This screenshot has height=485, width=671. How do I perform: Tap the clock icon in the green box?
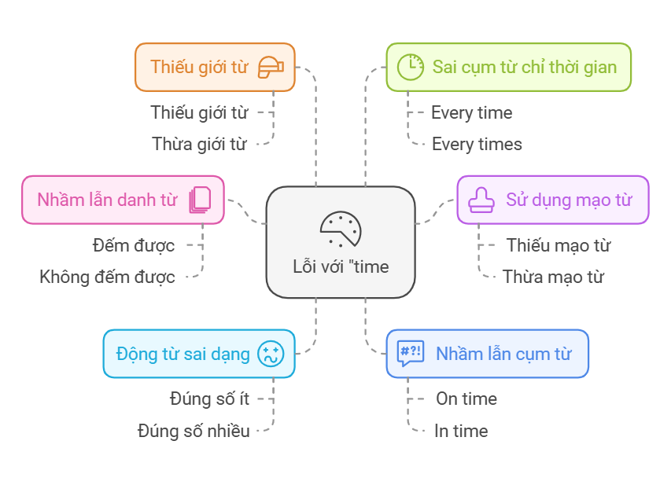(x=409, y=67)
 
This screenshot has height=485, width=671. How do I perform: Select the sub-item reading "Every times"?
(x=477, y=144)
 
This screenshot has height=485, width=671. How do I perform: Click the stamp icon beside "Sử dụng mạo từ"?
(x=481, y=200)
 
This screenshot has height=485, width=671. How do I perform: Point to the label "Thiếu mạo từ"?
(x=559, y=245)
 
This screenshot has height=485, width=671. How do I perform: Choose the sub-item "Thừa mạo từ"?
(x=553, y=277)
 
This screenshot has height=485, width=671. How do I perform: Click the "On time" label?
(x=466, y=399)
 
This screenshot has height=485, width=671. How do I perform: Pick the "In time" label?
(x=461, y=431)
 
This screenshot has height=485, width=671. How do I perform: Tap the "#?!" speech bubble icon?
(x=411, y=354)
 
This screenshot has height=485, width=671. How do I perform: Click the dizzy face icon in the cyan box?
(x=271, y=354)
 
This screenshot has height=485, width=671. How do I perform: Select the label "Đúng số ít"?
(x=209, y=399)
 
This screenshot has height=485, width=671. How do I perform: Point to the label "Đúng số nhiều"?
(x=194, y=431)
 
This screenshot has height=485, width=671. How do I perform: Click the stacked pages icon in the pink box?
(x=200, y=200)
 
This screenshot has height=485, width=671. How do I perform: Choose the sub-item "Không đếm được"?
(x=107, y=277)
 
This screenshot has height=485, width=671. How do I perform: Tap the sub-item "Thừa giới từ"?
(x=199, y=144)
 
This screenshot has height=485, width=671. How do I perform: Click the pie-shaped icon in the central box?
(x=341, y=229)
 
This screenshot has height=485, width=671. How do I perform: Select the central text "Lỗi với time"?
(x=341, y=266)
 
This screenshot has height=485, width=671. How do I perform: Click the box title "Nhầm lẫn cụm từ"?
(x=503, y=354)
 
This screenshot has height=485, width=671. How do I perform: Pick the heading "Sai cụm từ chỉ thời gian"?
(x=525, y=67)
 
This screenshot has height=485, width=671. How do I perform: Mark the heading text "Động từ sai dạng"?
(x=182, y=354)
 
